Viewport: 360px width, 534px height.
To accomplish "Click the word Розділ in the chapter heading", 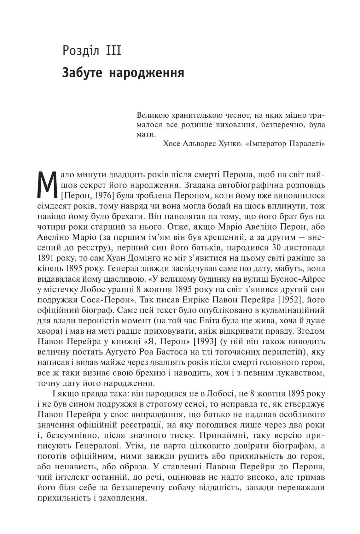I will point(81,51).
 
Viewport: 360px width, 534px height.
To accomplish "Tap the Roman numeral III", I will point(113,51).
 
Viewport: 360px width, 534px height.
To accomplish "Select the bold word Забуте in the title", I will point(82,73).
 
